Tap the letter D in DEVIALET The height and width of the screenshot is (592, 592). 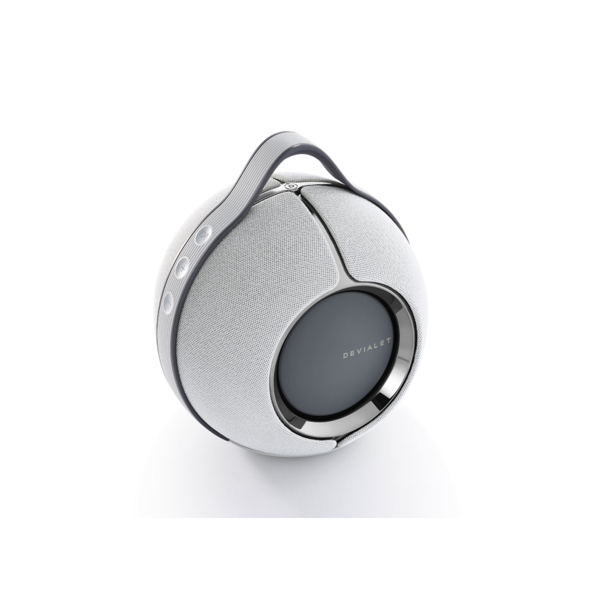pos(345,356)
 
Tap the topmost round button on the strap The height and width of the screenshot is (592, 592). pos(203,235)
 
